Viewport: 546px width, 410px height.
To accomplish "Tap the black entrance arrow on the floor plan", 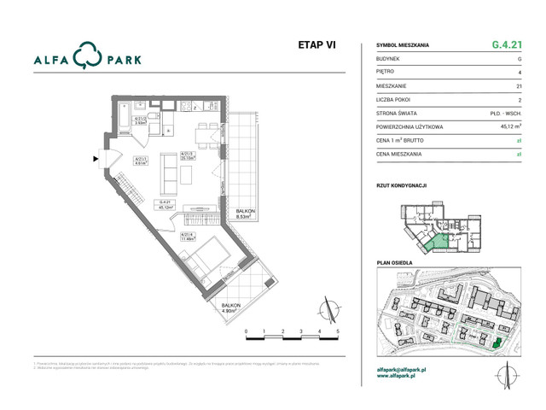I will click(x=96, y=158).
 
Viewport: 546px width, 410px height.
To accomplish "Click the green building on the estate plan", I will click(x=497, y=343).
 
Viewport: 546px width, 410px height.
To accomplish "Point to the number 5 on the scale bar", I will click(x=338, y=330).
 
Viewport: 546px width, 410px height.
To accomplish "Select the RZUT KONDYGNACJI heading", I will click(x=401, y=184).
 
